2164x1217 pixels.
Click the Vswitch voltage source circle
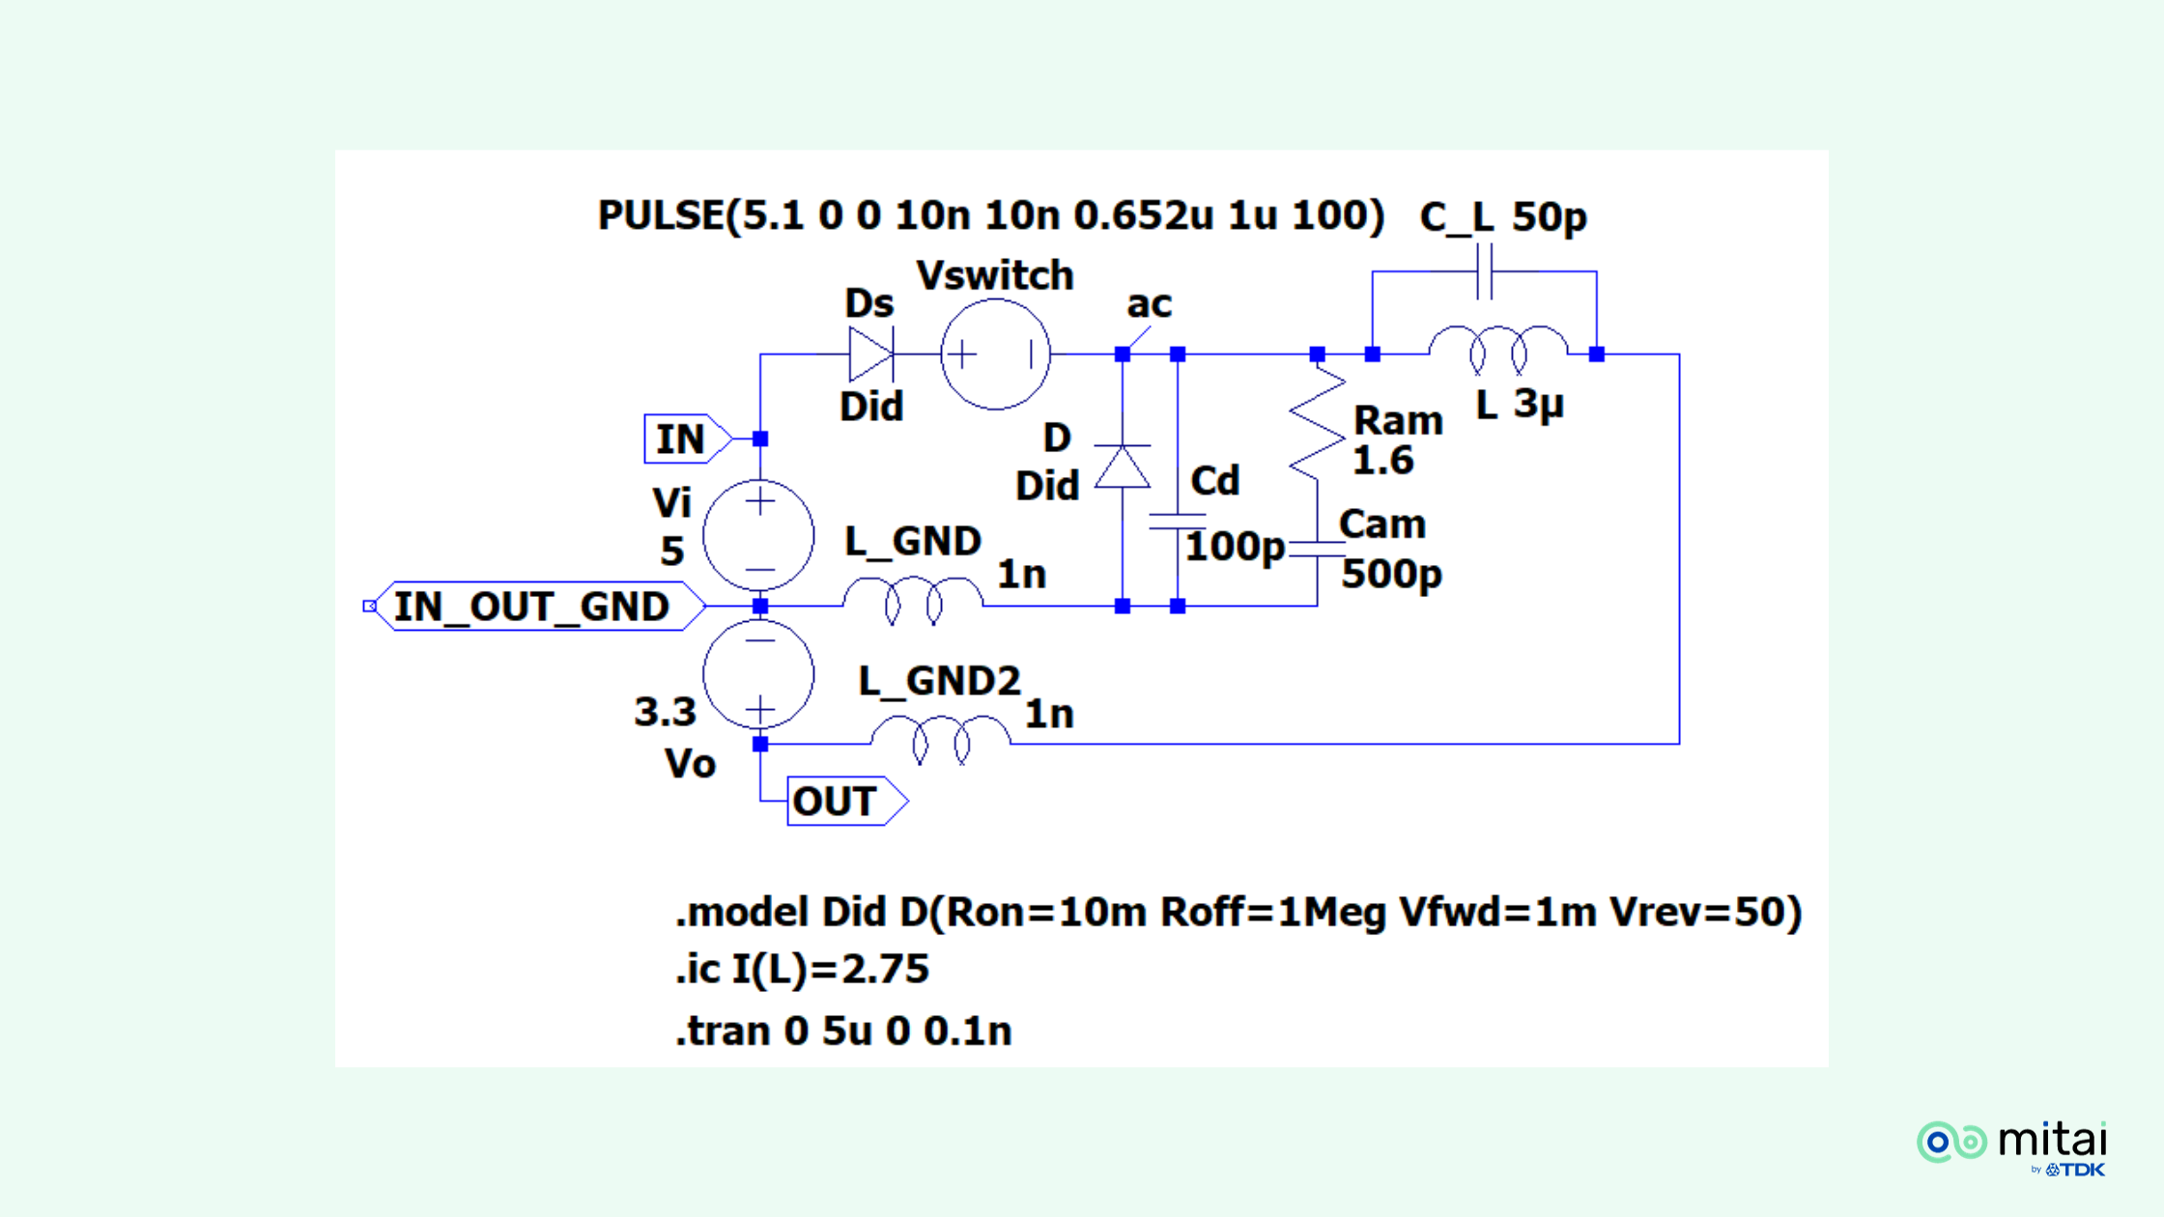pyautogui.click(x=995, y=354)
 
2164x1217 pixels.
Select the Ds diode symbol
pyautogui.click(x=870, y=354)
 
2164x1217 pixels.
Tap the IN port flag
pyautogui.click(x=684, y=439)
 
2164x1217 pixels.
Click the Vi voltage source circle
pyautogui.click(x=759, y=534)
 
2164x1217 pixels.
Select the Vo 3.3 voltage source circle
pyautogui.click(x=759, y=674)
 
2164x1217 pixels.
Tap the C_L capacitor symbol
pyautogui.click(x=1485, y=272)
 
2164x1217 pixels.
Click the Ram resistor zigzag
pyautogui.click(x=1317, y=422)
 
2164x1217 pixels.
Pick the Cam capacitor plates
pyautogui.click(x=1317, y=549)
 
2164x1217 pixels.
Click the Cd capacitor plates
pyautogui.click(x=1177, y=522)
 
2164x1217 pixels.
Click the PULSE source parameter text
pyautogui.click(x=990, y=215)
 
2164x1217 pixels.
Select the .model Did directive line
pyautogui.click(x=1238, y=912)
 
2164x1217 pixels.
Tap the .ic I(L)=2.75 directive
pyautogui.click(x=802, y=969)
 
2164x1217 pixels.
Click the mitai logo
pyautogui.click(x=2013, y=1146)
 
